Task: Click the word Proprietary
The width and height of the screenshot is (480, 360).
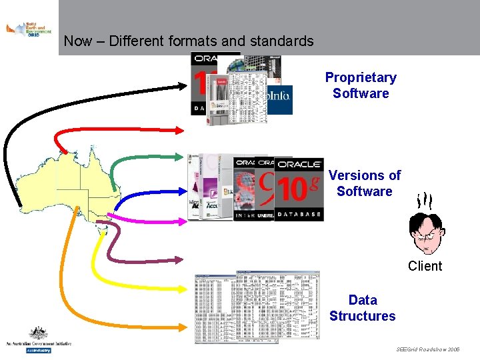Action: (x=361, y=77)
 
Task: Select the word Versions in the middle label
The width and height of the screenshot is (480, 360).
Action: (x=355, y=175)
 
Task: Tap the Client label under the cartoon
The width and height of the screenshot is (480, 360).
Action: (x=425, y=266)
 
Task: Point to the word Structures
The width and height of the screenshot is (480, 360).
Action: (x=362, y=316)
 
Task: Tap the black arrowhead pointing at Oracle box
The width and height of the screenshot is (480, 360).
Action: (x=186, y=84)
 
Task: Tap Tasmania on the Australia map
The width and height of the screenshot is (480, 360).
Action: (x=101, y=230)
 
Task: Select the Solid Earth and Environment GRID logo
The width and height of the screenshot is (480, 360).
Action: (x=28, y=30)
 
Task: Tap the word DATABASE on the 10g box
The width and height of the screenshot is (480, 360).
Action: (x=299, y=214)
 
